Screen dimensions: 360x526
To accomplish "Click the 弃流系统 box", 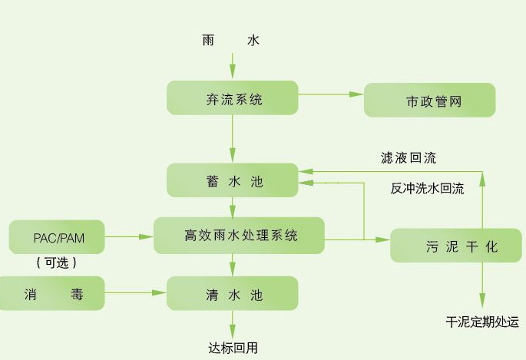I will point(233,99).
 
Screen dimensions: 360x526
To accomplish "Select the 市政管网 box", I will point(429,101).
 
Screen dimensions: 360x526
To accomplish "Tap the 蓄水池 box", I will point(233,181).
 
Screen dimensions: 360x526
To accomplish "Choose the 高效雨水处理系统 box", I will point(239,236).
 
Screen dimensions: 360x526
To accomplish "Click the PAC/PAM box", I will point(57,236).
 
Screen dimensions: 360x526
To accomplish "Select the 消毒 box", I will point(51,292).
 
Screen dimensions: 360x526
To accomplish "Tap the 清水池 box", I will point(233,292).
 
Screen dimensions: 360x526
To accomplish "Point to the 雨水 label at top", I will point(231,40).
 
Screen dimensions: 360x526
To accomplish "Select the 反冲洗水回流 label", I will point(427,189).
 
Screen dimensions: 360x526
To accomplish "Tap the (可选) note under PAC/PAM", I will point(57,263).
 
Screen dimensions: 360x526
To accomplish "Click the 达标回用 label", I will point(233,348).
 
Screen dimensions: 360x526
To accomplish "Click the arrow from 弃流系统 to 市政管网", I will point(330,94).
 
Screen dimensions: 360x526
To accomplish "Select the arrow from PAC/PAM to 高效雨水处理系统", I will point(129,236).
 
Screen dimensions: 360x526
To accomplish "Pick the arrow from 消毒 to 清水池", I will point(137,292).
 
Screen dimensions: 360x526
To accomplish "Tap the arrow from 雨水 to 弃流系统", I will point(232,65).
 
